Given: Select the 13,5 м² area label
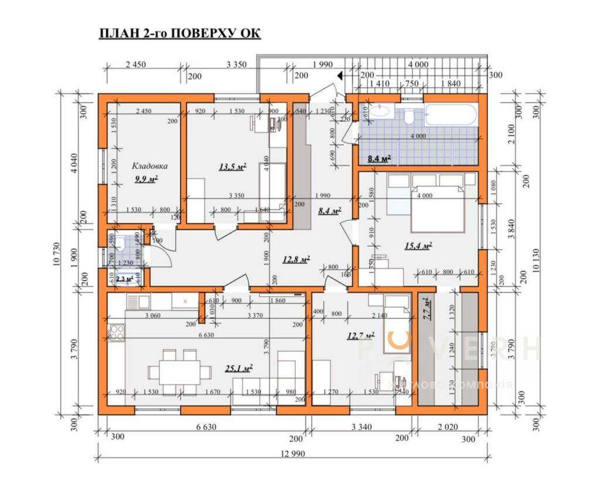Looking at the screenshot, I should coord(232,167).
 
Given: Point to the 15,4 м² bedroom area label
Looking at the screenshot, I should coord(418,245).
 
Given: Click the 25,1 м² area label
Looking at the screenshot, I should coord(238,369).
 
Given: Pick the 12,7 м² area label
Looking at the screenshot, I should coord(360,336).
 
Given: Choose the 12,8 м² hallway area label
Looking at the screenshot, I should coord(296,258).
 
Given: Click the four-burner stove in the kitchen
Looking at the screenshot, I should coord(116,332).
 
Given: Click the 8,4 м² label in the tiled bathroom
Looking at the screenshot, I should coord(379,158).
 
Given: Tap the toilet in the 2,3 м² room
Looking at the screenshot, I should coord(119,243).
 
